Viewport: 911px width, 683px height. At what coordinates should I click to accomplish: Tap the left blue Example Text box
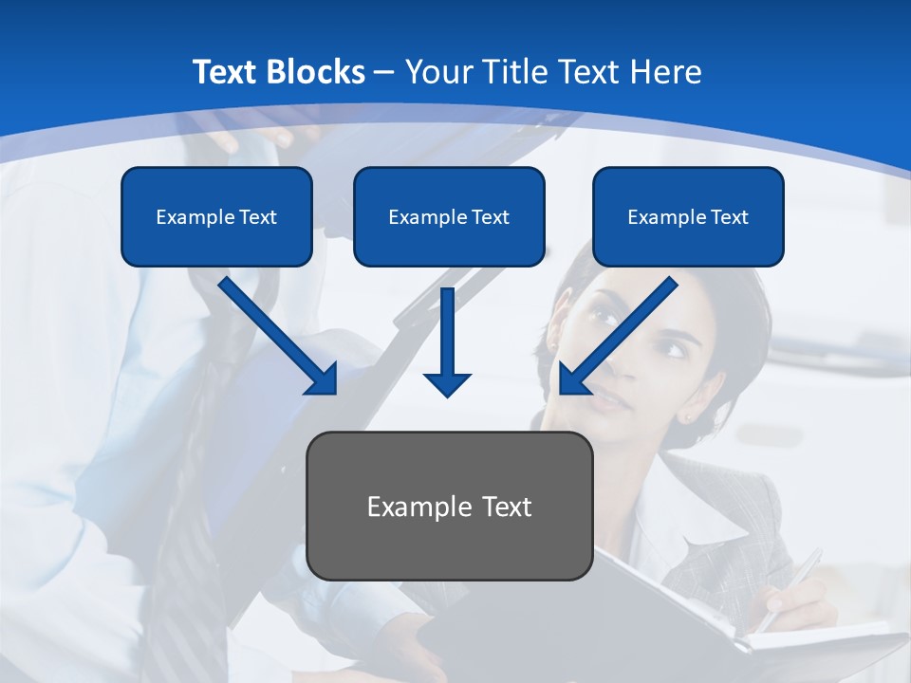[x=216, y=217]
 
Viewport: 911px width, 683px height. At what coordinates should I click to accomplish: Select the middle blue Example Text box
[x=449, y=217]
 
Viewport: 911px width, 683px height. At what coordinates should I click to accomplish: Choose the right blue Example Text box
[x=688, y=217]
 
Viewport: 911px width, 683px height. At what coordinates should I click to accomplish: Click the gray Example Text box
[x=450, y=507]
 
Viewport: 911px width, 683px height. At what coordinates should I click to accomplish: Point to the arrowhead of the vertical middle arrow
[x=447, y=383]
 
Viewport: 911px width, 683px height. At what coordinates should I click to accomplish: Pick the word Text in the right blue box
[x=729, y=217]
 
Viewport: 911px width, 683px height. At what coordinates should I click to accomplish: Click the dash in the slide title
[x=384, y=72]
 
